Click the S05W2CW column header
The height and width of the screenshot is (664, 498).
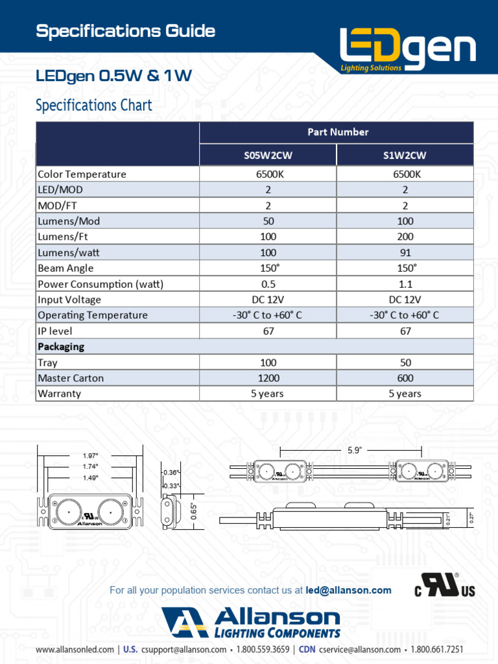[x=268, y=155]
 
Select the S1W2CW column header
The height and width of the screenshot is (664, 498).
[x=405, y=155]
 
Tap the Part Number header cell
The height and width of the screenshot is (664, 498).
[x=337, y=132]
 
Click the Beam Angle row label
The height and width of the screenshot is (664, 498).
[x=65, y=268]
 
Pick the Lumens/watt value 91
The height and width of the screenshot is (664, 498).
[x=405, y=252]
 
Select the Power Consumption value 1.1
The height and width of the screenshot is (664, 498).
[x=405, y=284]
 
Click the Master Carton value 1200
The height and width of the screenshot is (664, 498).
[x=268, y=378]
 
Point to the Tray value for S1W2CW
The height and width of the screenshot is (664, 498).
[x=405, y=362]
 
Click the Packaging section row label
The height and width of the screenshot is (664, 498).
[x=61, y=346]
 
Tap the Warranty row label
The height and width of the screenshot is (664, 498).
[x=60, y=394]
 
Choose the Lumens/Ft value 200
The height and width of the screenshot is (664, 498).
[x=405, y=237]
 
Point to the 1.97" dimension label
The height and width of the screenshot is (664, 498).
[x=90, y=456]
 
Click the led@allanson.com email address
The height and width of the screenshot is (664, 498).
[x=348, y=590]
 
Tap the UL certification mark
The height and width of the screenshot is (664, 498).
[x=445, y=585]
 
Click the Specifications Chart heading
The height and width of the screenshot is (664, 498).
[x=94, y=105]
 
